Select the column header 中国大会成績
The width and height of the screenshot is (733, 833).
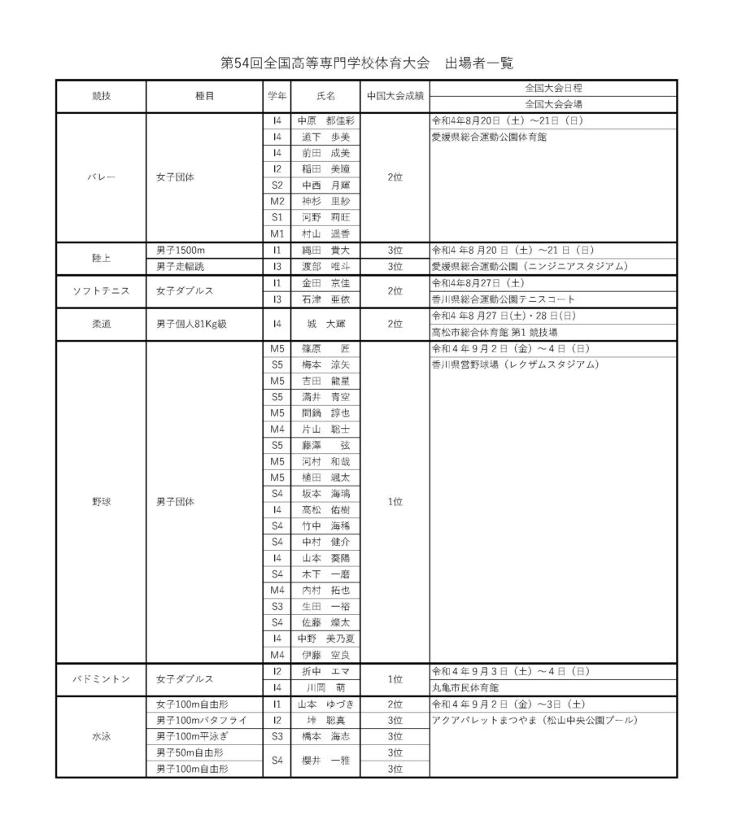pyautogui.click(x=395, y=96)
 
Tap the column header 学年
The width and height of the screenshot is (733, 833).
pyautogui.click(x=277, y=96)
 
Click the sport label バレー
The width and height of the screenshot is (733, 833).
pyautogui.click(x=101, y=177)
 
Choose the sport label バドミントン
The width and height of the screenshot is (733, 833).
pyautogui.click(x=101, y=678)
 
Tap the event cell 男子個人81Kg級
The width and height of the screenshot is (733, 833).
pyautogui.click(x=191, y=324)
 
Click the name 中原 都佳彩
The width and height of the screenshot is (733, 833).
pyautogui.click(x=325, y=120)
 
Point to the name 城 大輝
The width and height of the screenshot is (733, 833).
pyautogui.click(x=325, y=324)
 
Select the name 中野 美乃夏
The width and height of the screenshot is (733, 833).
pyautogui.click(x=325, y=638)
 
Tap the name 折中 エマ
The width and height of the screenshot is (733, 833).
pyautogui.click(x=325, y=671)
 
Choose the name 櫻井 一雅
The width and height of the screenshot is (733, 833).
pyautogui.click(x=325, y=760)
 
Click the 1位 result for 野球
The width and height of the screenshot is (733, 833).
pyautogui.click(x=395, y=502)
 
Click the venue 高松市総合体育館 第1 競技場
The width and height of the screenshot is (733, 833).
pyautogui.click(x=494, y=332)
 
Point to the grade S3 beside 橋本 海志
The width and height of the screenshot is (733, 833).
pyautogui.click(x=277, y=735)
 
